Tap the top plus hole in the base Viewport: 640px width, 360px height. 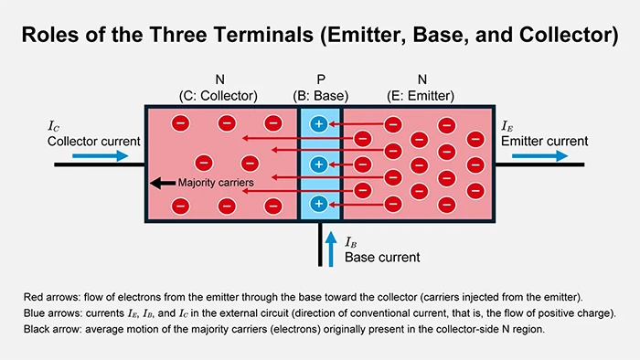point(318,124)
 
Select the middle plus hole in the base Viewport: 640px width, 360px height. point(318,164)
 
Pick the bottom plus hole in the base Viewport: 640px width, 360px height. point(318,204)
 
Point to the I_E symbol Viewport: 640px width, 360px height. point(508,126)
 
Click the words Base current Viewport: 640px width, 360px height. point(382,258)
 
